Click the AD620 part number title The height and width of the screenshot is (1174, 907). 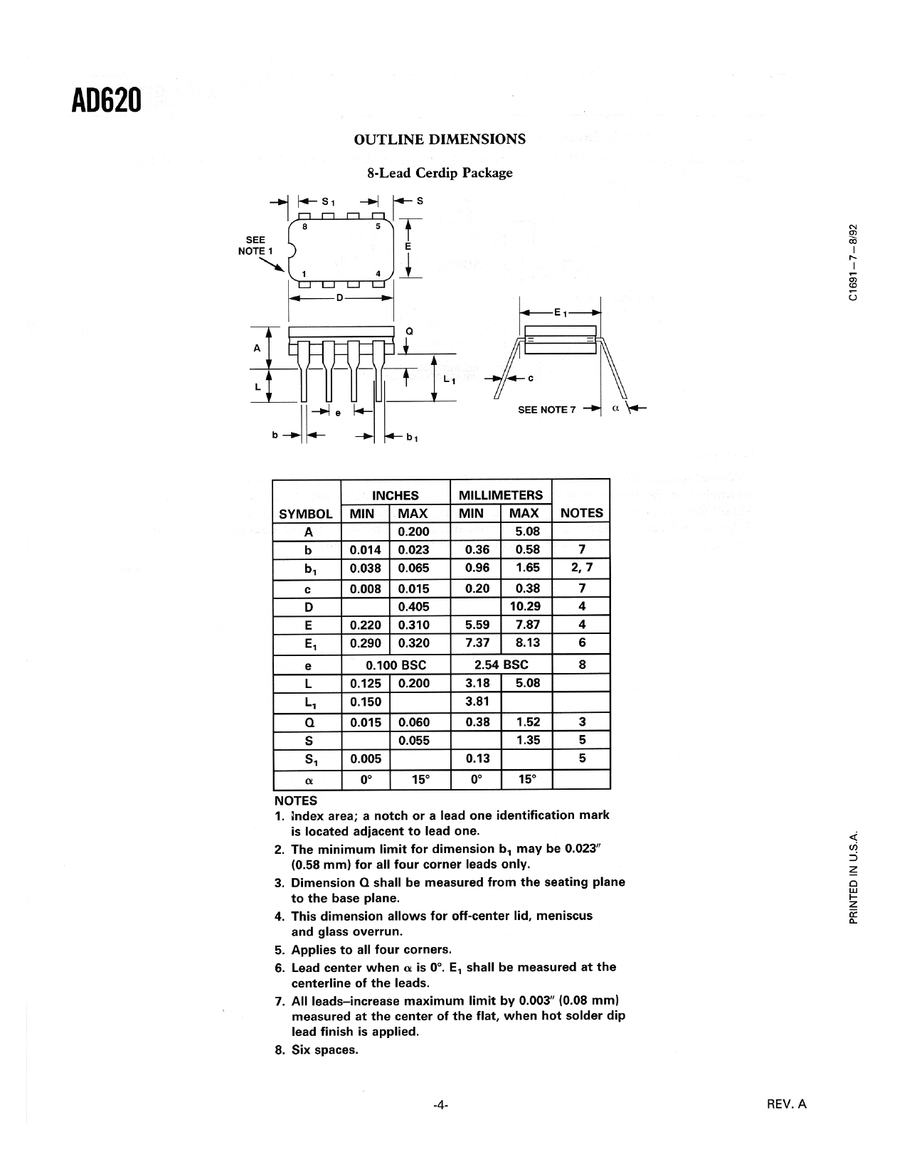point(106,100)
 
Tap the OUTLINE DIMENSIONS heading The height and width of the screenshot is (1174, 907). point(440,139)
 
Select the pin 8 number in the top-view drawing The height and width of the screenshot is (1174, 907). point(304,227)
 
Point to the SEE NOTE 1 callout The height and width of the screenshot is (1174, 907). point(255,245)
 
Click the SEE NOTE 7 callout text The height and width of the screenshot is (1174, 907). point(543,410)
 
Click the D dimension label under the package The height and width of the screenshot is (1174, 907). point(340,297)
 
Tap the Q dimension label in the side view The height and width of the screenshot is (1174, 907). point(409,331)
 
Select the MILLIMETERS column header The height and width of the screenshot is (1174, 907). point(501,495)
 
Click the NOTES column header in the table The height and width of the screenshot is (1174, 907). point(581,512)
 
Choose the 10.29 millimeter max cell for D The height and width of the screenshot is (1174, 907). point(526,606)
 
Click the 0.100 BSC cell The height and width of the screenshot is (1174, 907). point(396,665)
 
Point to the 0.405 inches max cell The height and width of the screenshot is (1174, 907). point(413,606)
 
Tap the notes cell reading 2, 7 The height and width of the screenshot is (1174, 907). point(581,568)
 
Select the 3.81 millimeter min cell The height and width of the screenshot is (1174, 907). point(476,702)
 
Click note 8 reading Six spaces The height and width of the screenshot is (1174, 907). point(317,1049)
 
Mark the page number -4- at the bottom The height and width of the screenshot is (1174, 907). point(441,1105)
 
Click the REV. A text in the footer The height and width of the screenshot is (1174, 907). point(787,1104)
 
